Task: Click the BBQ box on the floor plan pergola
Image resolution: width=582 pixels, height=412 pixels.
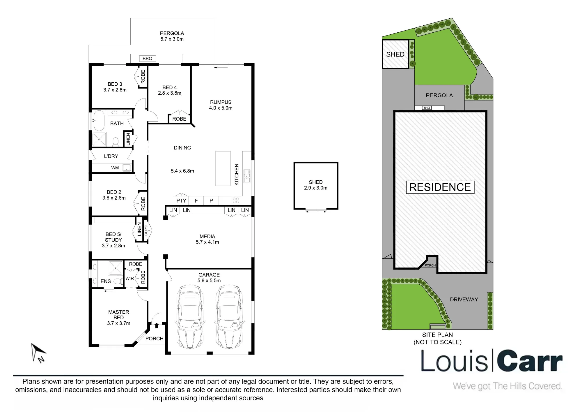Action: [147, 59]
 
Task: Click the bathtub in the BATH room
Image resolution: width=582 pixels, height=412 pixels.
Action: [99, 121]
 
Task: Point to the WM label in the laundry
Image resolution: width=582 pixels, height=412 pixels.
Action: [115, 168]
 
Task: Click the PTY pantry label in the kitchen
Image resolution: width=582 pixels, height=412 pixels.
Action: [181, 201]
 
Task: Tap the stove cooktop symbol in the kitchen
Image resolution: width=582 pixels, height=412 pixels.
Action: [236, 200]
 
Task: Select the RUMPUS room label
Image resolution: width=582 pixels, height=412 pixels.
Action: [221, 102]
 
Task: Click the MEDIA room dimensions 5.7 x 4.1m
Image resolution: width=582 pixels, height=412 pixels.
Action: [207, 242]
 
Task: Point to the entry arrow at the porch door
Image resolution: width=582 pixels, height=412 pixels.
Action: [157, 325]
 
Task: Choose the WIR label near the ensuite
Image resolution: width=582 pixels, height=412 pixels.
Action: [130, 279]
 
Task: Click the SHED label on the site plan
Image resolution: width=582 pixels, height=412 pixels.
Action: [395, 54]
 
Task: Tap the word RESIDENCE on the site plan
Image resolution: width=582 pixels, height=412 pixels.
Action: [440, 187]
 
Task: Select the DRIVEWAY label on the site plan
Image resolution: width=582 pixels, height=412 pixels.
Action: [464, 300]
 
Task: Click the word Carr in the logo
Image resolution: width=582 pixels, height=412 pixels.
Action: [530, 361]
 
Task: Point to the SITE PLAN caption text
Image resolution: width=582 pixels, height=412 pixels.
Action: [438, 335]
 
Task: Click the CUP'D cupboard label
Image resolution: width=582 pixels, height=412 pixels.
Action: [146, 230]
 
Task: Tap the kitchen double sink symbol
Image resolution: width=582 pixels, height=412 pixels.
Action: [247, 176]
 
